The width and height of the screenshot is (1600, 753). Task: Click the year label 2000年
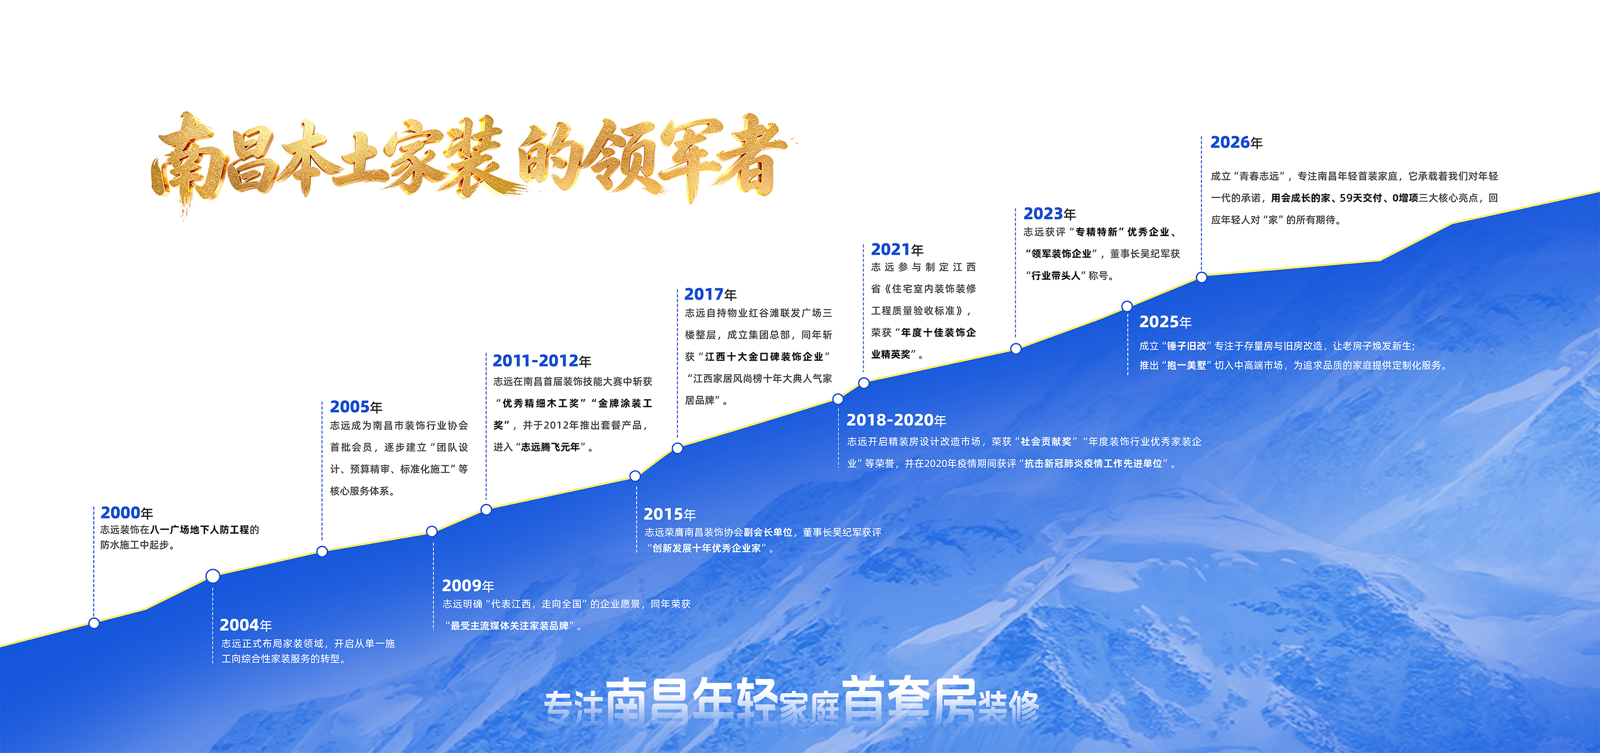[127, 513]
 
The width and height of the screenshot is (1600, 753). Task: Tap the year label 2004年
[246, 625]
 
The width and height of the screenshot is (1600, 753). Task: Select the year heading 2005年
[356, 406]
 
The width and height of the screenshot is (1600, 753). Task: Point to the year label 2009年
[468, 586]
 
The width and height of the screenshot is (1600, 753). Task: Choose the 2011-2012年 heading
[542, 361]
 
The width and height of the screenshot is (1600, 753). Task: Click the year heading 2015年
[669, 514]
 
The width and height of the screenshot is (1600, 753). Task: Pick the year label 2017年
[710, 294]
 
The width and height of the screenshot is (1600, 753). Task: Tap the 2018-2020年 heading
[896, 420]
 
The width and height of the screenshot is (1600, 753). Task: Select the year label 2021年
[897, 250]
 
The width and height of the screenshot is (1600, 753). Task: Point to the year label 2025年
[1165, 321]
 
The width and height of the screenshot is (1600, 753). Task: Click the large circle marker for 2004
[213, 576]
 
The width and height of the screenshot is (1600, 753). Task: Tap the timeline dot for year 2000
[94, 622]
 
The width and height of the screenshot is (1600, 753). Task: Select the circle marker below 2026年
[1201, 277]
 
